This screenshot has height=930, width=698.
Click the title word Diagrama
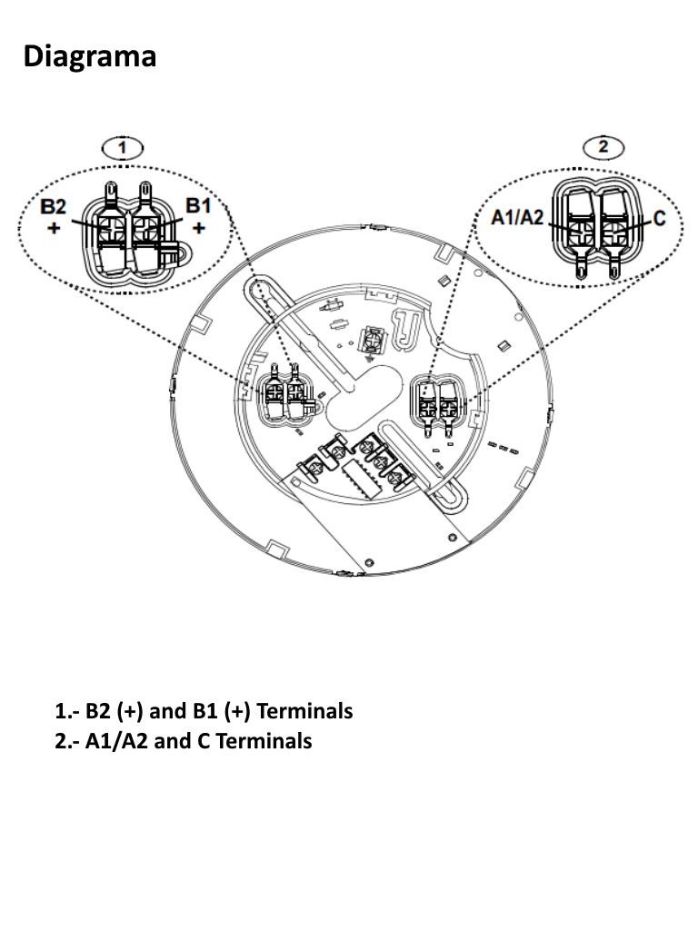point(89,56)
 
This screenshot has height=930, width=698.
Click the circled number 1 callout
point(125,147)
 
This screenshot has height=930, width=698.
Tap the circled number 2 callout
point(607,147)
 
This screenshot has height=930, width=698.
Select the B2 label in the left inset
point(55,208)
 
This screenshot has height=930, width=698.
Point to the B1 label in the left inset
point(198,206)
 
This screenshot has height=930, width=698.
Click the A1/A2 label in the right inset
point(517,217)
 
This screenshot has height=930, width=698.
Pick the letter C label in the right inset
point(660,219)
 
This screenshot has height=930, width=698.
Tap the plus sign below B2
point(55,228)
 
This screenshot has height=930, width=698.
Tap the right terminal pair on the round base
point(437,399)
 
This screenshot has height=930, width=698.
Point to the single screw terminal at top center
point(371,341)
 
